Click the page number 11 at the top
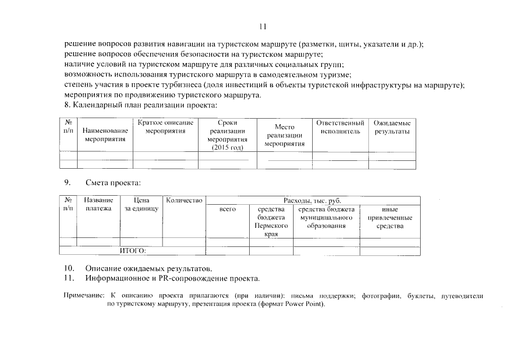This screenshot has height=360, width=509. [x=262, y=26]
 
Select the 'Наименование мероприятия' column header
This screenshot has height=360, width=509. [x=105, y=134]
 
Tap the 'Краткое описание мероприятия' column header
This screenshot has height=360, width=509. [x=165, y=127]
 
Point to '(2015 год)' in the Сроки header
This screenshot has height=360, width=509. [x=227, y=147]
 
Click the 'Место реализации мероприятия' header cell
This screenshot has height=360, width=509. [x=285, y=136]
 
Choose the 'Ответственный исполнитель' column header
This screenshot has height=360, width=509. [x=340, y=127]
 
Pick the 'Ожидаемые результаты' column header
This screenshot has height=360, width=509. [x=392, y=127]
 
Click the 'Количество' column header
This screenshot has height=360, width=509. [x=184, y=200]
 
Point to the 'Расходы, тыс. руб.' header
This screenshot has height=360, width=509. [x=312, y=200]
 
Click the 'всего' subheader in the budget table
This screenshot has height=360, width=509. [x=227, y=209]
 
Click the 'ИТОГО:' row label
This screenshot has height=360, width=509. [x=133, y=251]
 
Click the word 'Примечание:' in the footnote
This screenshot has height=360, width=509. [x=85, y=295]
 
